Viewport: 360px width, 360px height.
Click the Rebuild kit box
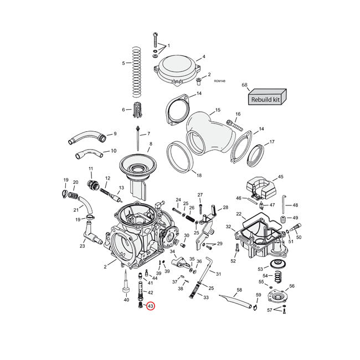[266, 99]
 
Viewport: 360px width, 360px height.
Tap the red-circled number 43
[150, 305]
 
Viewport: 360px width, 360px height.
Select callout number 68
[244, 85]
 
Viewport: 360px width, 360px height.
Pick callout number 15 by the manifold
[218, 110]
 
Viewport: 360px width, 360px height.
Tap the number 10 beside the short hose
[114, 150]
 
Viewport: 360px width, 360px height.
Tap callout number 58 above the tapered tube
[239, 290]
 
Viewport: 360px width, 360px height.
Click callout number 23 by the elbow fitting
[82, 246]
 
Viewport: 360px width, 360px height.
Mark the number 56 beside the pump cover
[292, 286]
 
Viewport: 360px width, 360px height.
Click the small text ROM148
[219, 81]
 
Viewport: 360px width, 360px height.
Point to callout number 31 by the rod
[218, 274]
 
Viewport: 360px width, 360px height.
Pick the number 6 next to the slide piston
[123, 110]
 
